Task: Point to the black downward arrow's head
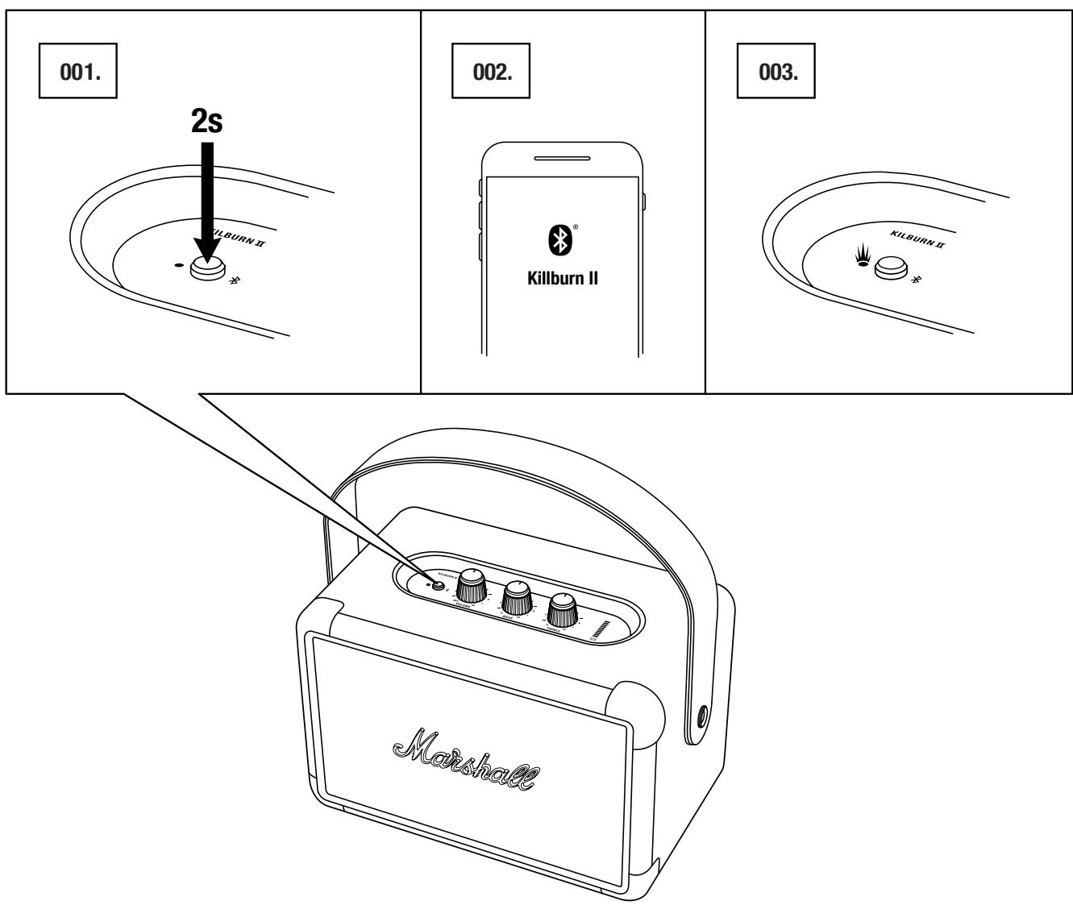[x=206, y=253]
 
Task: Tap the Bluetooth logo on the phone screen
[x=562, y=238]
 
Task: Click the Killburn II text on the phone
[x=562, y=283]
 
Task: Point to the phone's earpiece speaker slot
[x=562, y=158]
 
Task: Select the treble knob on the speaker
[x=564, y=611]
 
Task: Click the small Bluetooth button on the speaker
[x=439, y=586]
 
